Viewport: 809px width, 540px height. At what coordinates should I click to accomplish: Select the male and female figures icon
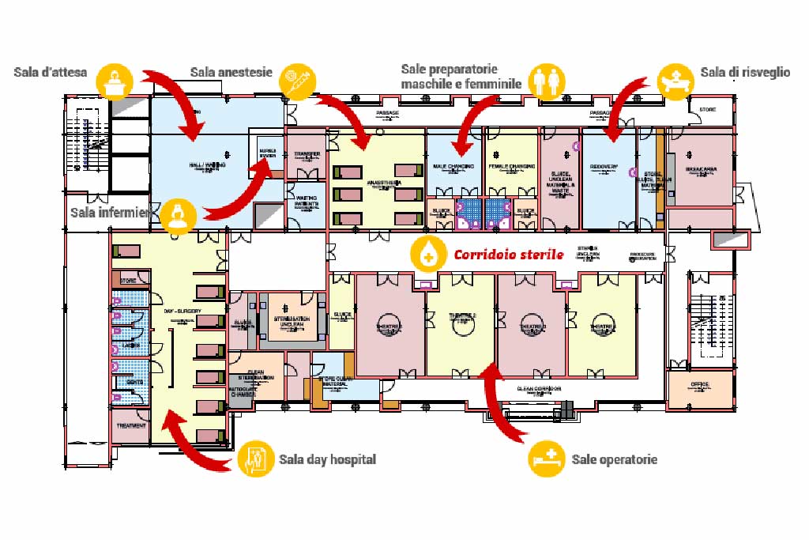coord(547,81)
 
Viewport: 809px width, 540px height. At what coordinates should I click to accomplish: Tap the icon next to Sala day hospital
coord(257,459)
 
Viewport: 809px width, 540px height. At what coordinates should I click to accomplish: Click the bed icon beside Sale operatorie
coord(547,458)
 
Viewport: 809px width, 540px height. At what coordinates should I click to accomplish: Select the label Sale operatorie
coord(614,459)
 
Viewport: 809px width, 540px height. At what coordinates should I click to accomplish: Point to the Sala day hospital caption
coord(327,459)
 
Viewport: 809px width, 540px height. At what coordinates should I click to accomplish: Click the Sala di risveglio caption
coord(744,72)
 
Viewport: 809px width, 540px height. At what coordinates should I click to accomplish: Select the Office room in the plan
coord(700,384)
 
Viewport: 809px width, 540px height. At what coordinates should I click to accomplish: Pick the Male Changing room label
coord(453,167)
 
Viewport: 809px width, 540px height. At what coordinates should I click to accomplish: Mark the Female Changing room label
coord(510,167)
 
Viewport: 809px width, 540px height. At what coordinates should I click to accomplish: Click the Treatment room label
coord(130,426)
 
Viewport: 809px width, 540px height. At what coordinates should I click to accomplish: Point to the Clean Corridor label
coord(539,389)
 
